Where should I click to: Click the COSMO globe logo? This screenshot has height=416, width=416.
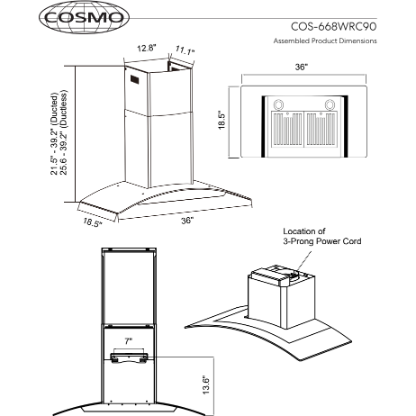coord(84,17)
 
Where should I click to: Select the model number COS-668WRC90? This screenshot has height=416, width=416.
coord(333,27)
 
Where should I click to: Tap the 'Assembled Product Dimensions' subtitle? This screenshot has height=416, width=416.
coord(325,41)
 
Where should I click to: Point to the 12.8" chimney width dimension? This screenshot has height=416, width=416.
coord(147,49)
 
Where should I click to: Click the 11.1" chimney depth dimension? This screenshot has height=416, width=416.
coord(185,50)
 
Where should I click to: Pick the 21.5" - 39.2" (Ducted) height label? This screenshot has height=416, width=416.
coord(54,134)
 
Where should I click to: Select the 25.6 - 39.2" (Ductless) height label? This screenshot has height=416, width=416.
coord(64,132)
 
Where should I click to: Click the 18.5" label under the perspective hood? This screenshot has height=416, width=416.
coord(93,222)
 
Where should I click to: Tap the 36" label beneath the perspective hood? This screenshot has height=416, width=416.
coord(187,221)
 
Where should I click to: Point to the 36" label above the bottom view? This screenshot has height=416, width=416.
coord(302,68)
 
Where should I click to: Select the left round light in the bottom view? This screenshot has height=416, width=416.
coord(278,104)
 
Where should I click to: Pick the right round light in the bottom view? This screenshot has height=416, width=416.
coord(330,104)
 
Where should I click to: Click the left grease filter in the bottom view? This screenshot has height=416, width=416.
coord(287,130)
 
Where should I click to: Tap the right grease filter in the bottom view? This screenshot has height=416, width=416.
coord(321,130)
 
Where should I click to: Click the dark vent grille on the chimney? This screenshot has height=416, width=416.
coord(134,79)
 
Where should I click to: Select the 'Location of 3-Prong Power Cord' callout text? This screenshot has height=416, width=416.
coord(322,236)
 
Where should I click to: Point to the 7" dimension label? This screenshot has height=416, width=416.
coord(129,341)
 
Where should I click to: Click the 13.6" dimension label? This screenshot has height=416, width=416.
coord(206,384)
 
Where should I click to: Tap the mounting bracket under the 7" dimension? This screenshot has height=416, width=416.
coord(129,357)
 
